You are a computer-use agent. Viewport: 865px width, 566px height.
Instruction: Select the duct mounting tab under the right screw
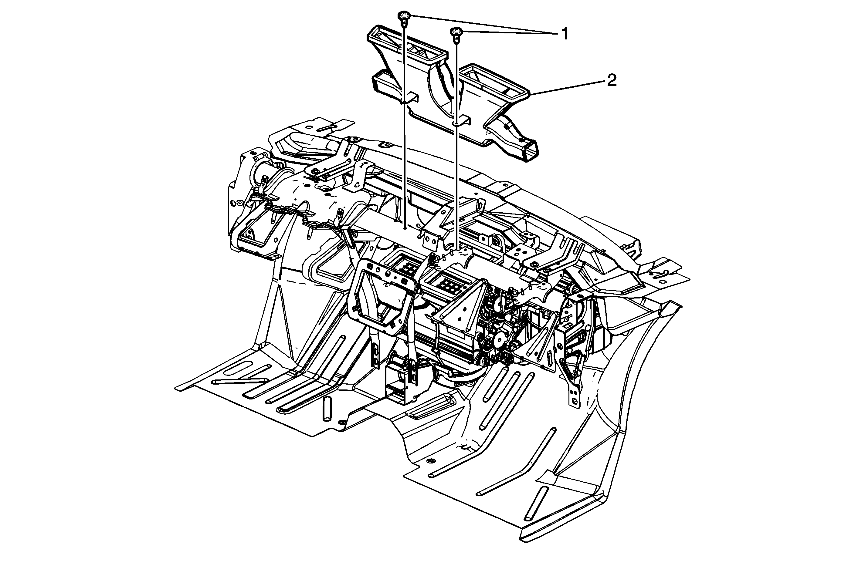[x=461, y=122]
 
